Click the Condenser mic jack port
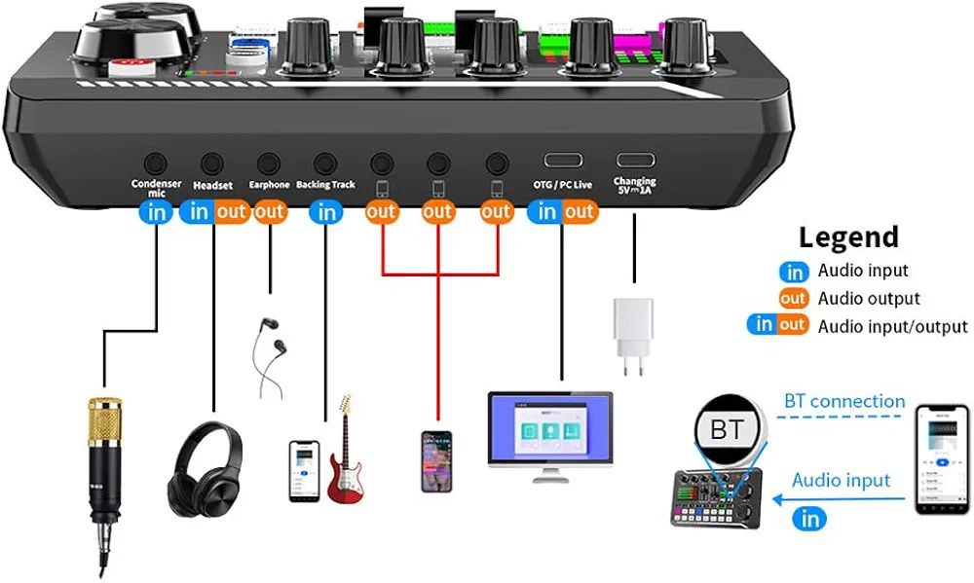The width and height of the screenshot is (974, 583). (155, 164)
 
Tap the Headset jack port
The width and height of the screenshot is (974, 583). (212, 164)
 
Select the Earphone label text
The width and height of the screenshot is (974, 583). (269, 185)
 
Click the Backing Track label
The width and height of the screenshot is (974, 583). (326, 184)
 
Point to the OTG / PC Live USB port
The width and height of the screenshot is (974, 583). (562, 161)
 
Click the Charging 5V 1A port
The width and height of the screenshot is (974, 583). (634, 161)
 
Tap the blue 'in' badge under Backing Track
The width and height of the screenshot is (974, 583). (327, 211)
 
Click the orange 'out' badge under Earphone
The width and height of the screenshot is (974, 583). (270, 211)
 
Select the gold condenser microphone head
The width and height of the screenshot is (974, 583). (101, 419)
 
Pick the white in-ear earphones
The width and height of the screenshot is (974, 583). (269, 355)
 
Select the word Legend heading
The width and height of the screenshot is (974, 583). (848, 237)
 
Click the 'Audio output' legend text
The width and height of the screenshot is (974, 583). (869, 299)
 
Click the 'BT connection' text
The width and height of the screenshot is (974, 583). (844, 401)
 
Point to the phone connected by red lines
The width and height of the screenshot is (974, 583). (436, 461)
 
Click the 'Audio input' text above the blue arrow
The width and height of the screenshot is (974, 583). (841, 480)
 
